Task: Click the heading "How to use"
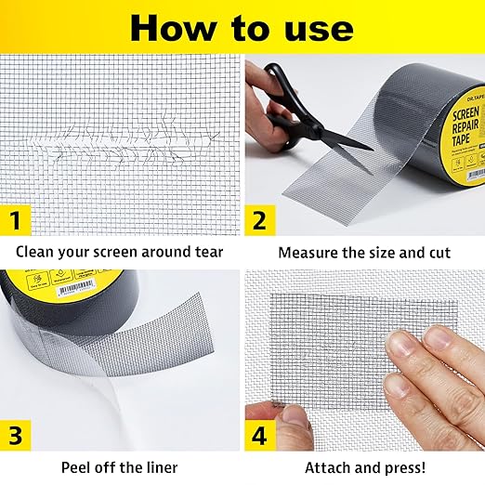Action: pyautogui.click(x=242, y=27)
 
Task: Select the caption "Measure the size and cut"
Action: pyautogui.click(x=363, y=252)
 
